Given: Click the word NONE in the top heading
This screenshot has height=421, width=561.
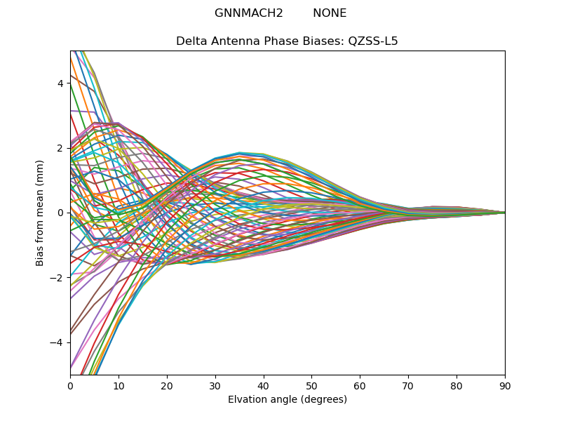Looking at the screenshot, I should (330, 13).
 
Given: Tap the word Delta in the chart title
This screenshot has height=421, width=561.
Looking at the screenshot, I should (191, 41).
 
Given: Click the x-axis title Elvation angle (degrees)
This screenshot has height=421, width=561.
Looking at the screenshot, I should (288, 399).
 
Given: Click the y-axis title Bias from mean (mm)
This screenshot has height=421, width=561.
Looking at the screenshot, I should (40, 213).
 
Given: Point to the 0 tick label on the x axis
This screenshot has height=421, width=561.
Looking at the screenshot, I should (70, 385).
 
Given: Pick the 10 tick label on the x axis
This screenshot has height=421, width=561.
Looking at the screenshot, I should (119, 385).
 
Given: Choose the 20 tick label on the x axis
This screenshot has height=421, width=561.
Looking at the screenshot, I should (167, 385).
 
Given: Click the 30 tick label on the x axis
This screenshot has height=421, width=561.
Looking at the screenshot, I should (215, 385).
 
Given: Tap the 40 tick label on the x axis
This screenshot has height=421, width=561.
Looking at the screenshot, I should (264, 385).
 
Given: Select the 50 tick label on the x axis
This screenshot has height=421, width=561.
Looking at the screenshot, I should (311, 385).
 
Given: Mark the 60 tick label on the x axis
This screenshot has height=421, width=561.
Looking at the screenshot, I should (360, 385).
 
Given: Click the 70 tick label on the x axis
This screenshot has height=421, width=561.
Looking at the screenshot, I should (408, 385).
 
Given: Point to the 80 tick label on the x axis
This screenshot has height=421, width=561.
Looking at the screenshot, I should (457, 385).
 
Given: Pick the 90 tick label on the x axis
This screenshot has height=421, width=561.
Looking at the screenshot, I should (505, 385).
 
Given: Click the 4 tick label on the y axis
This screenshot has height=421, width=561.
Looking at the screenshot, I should (60, 83).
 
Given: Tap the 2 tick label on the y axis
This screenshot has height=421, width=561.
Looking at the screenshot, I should (60, 148).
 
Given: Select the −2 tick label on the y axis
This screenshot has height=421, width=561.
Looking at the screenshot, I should (58, 277).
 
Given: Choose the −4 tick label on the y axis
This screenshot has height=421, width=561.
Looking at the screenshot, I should (58, 342).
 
